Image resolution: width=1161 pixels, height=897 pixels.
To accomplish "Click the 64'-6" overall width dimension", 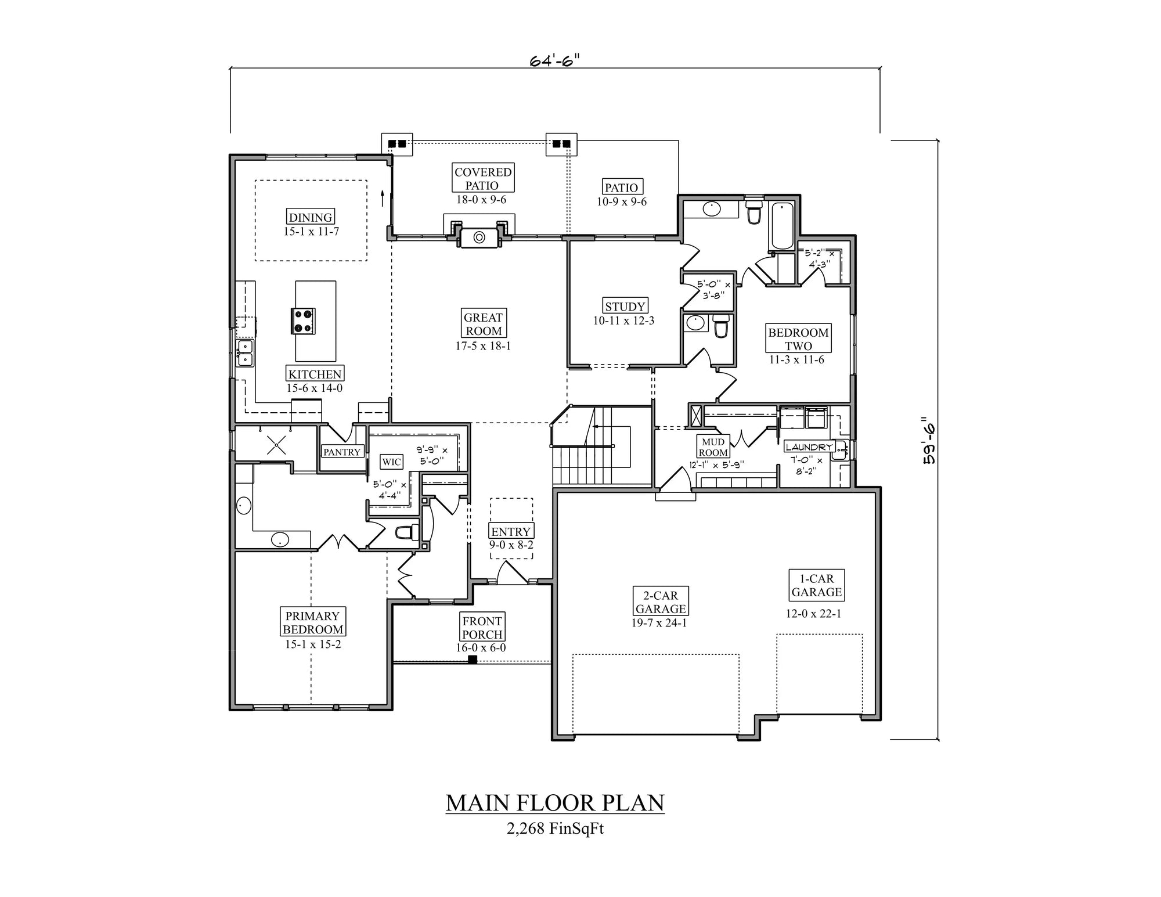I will (x=554, y=60).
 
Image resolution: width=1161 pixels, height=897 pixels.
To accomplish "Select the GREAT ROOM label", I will (x=483, y=324).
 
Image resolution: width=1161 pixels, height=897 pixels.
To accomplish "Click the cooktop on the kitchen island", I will (x=303, y=321).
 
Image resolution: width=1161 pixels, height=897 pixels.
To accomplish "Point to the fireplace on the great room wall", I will (x=479, y=237).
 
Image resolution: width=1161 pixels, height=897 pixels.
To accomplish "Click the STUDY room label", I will (x=625, y=306).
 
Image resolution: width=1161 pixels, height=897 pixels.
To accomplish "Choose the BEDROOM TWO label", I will (x=798, y=339).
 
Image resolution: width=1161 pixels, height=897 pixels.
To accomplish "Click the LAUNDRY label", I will (x=809, y=446).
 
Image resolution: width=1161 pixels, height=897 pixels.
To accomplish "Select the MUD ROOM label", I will (x=713, y=447).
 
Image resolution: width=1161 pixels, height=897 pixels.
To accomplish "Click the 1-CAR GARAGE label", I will (x=816, y=585).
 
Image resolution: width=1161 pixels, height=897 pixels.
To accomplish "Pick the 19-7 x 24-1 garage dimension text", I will (x=659, y=623).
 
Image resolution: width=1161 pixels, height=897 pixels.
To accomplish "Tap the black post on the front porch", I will (x=473, y=660).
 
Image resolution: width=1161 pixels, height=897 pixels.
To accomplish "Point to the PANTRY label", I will (x=342, y=452).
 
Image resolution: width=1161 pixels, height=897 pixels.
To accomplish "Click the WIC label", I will (x=391, y=462).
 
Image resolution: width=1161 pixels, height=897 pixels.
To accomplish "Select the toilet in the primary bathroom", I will (x=406, y=531).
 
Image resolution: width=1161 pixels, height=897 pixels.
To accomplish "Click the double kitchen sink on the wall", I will (x=245, y=352).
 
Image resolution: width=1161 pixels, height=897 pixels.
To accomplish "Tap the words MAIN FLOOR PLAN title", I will (x=554, y=802).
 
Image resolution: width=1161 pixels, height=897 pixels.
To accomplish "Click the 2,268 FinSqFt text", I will (x=554, y=828).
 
